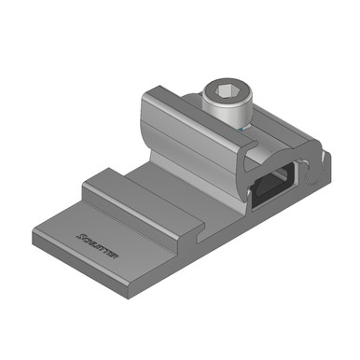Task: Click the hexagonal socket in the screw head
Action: (x=225, y=93)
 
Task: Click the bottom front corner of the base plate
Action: (x=124, y=297)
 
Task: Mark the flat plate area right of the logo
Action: (x=140, y=247)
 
